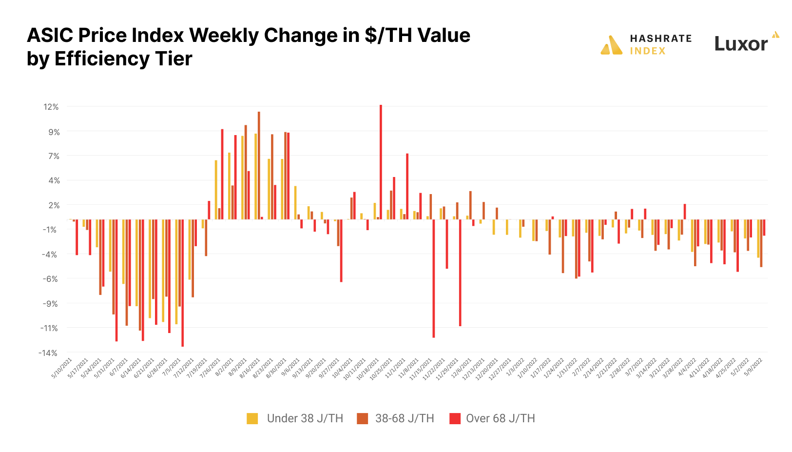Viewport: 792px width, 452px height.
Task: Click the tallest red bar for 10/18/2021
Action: pyautogui.click(x=381, y=161)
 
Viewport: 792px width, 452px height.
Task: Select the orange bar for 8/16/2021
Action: pyautogui.click(x=259, y=166)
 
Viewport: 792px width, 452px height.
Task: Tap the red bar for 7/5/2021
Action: pyautogui.click(x=182, y=283)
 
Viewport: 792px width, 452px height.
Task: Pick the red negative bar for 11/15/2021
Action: pyautogui.click(x=434, y=278)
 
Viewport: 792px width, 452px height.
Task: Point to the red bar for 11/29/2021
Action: pyautogui.click(x=460, y=273)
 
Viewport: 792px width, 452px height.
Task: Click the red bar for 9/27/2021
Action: pyautogui.click(x=341, y=251)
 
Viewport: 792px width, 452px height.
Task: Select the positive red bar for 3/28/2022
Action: pyautogui.click(x=685, y=212)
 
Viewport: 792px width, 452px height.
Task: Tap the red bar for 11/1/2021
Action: pyautogui.click(x=407, y=186)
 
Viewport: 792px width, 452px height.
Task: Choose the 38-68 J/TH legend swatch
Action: pyautogui.click(x=362, y=418)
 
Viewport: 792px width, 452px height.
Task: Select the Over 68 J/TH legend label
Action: pyautogui.click(x=500, y=418)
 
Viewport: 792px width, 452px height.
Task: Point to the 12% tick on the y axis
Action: pyautogui.click(x=51, y=107)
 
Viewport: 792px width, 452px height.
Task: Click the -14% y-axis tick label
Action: pyautogui.click(x=48, y=353)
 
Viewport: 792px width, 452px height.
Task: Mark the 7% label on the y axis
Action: pyautogui.click(x=54, y=156)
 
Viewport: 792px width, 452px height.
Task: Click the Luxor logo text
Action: pyautogui.click(x=741, y=44)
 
